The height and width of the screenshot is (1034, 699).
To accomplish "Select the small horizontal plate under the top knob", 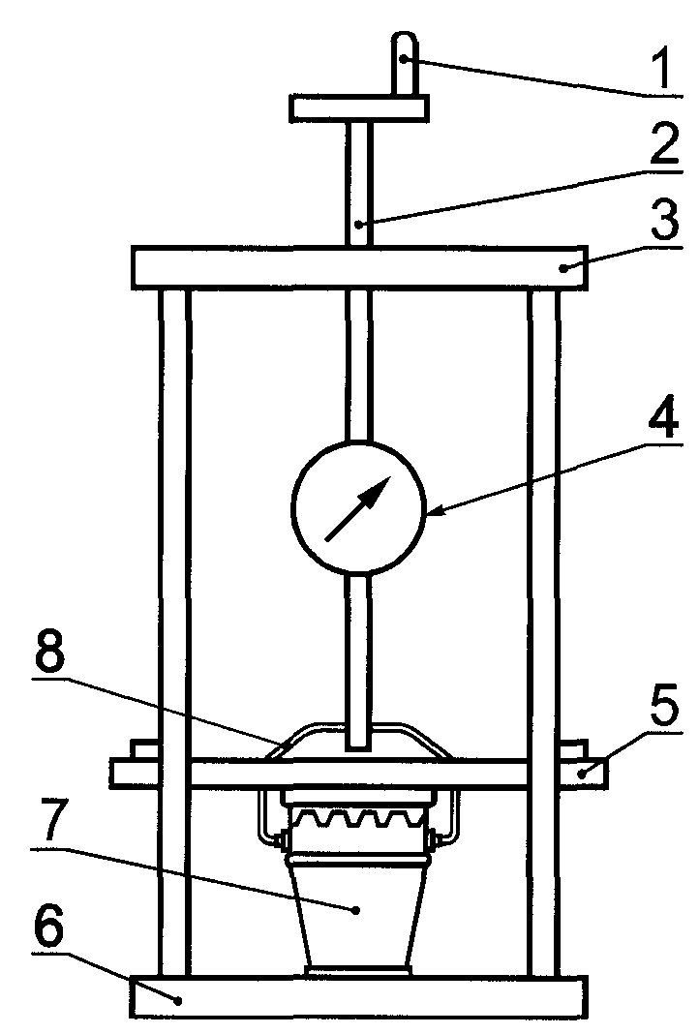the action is pos(358,107).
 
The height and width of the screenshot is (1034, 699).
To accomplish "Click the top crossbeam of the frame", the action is pos(358,267).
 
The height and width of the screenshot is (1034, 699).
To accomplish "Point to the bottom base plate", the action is pos(358,997).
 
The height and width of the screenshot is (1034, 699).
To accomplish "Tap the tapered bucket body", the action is pos(358,915).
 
